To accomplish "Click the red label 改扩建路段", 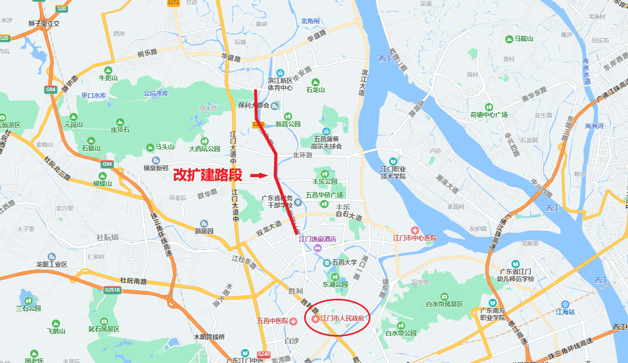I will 207,175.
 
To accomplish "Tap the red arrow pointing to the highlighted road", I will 258,176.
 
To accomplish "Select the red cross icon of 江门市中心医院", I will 415,230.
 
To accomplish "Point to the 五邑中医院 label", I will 272,321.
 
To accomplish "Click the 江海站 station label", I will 565,312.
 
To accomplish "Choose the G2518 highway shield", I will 112,290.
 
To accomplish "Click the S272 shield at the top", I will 173,3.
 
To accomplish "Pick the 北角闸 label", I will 310,21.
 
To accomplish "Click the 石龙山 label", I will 315,90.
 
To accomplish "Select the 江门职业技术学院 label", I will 393,172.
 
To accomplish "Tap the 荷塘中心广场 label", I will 489,115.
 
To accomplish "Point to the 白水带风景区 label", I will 445,304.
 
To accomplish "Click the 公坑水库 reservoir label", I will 156,94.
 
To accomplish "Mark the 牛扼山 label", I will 108,78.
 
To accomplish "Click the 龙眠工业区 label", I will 52,265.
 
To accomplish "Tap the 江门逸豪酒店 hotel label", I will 318,239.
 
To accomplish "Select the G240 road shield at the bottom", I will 264,355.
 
